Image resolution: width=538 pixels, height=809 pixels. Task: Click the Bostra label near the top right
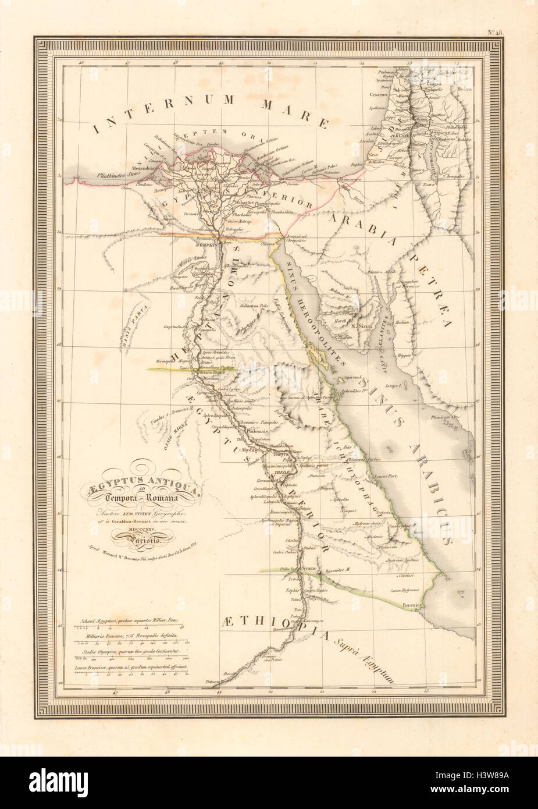coord(464,90)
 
